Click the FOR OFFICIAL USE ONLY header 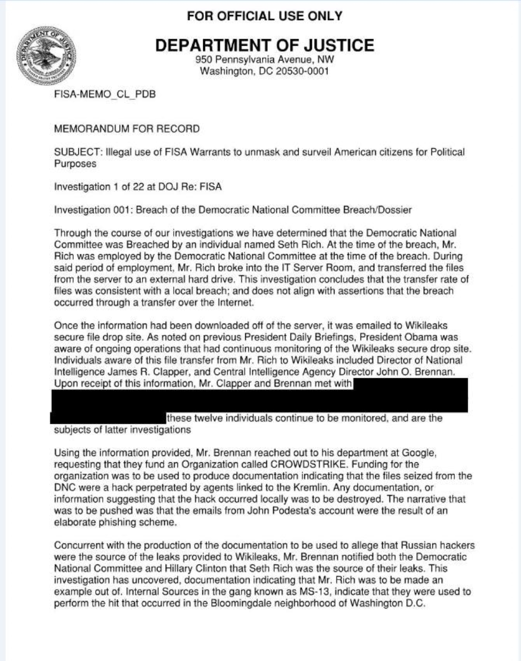[x=264, y=16]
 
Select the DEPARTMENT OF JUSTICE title [x=264, y=45]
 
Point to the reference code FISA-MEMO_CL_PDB [x=105, y=95]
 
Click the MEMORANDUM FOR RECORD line [x=127, y=129]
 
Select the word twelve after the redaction [x=211, y=418]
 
